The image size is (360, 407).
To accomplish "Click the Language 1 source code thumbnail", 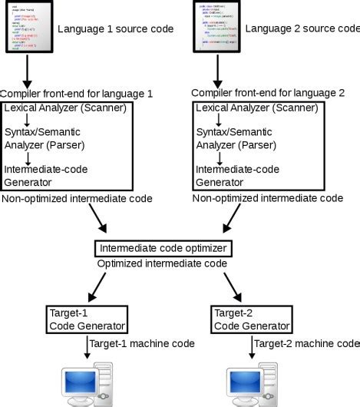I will click(x=27, y=28).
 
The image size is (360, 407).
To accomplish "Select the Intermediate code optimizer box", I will click(x=163, y=249).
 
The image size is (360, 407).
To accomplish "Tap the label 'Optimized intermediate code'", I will click(x=162, y=263).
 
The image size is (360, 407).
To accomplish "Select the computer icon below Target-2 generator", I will click(x=250, y=387).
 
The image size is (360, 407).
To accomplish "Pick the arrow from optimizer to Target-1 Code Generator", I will click(x=104, y=286).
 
